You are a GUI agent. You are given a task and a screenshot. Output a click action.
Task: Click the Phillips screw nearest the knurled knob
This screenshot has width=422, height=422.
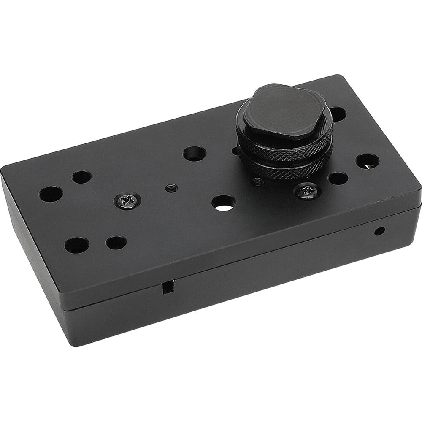307,192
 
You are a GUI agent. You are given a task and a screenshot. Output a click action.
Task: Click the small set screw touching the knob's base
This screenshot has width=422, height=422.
258,182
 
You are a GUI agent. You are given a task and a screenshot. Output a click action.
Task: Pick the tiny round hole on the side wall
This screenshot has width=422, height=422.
380,231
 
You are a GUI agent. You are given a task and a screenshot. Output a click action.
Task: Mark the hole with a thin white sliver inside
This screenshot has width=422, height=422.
367,161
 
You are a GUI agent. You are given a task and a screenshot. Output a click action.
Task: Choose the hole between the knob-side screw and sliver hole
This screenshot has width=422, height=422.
338,179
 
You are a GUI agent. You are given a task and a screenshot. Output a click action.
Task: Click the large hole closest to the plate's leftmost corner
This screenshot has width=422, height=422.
51,194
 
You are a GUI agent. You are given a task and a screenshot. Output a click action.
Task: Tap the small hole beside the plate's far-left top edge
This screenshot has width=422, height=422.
81,177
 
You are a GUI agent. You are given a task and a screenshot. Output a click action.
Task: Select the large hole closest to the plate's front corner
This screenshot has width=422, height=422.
76,245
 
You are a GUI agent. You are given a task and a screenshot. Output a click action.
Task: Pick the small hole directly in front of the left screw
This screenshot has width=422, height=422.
116,242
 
